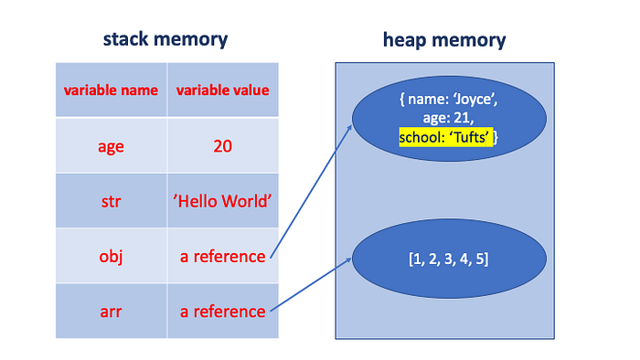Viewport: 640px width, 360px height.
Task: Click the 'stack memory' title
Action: (165, 39)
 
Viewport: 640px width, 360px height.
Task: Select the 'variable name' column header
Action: (111, 90)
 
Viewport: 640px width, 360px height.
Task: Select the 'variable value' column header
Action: (223, 90)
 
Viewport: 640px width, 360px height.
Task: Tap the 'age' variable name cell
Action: (111, 145)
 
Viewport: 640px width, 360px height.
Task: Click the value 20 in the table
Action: (223, 145)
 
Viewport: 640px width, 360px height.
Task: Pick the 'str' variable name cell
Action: (111, 201)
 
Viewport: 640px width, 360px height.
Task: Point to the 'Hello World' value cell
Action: (223, 201)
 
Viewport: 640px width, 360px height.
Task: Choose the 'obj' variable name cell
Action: (111, 257)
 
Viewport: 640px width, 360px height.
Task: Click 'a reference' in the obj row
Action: (223, 257)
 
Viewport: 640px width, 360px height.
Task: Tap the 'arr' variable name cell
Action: (111, 312)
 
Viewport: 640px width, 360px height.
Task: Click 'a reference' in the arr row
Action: (223, 312)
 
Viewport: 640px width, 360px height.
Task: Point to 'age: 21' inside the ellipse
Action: (446, 119)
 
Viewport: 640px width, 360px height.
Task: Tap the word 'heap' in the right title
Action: (407, 39)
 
